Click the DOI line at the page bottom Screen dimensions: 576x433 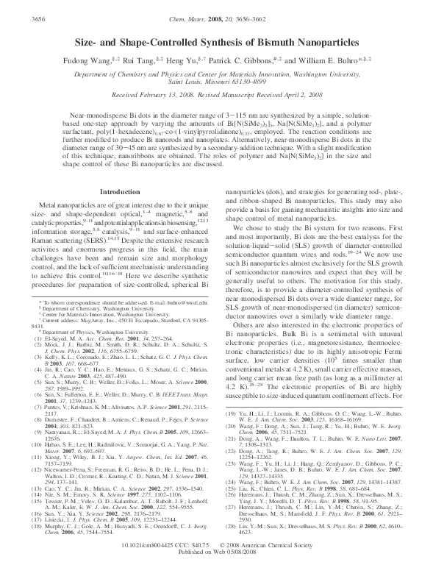216,561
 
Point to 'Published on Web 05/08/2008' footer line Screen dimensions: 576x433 216,568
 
